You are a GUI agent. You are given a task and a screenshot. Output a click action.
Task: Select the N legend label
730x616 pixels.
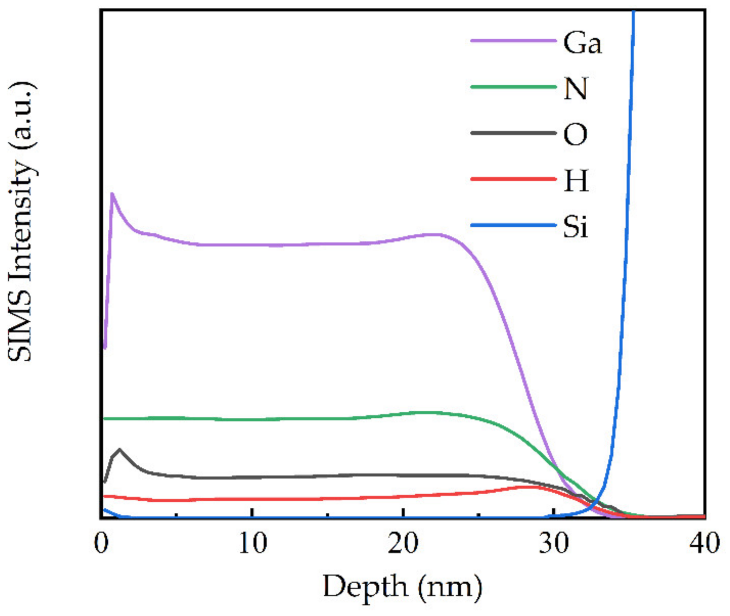coord(575,88)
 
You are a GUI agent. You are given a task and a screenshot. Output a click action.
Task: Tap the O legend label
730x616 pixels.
coord(575,134)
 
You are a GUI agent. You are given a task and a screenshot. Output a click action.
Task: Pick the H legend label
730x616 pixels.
coord(576,180)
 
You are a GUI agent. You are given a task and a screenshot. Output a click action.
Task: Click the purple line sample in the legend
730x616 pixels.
coord(513,41)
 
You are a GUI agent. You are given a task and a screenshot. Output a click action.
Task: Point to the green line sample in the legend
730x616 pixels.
coord(513,87)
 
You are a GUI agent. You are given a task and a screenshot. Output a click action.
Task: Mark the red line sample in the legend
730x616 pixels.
coord(513,179)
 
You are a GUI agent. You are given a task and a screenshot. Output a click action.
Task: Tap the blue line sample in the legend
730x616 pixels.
coord(513,225)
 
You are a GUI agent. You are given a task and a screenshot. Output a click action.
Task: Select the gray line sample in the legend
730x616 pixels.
coord(513,133)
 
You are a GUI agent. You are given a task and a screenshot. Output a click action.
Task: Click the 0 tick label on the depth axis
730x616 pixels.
coord(102,544)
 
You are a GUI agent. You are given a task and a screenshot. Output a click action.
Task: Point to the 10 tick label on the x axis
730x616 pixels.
coord(253,544)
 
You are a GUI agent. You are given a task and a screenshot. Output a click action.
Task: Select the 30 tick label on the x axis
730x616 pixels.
coord(554,544)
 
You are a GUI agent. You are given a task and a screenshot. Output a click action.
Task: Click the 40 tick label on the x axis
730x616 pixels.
coord(705,544)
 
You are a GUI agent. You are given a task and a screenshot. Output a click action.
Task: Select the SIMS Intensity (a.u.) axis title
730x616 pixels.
coord(21,223)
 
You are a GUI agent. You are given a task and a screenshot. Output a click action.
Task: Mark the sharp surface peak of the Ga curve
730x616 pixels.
coord(112,193)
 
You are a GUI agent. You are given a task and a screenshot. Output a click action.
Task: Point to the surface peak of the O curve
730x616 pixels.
coord(120,449)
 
